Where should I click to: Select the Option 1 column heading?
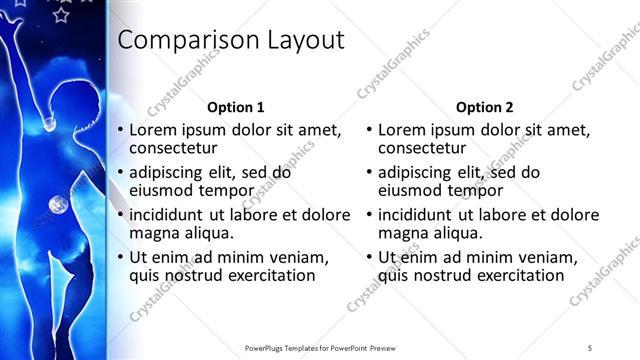click(x=236, y=106)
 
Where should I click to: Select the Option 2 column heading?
click(x=485, y=106)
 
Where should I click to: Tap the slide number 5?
click(x=590, y=347)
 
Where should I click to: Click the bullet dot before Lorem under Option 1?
click(x=120, y=130)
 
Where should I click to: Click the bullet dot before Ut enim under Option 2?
click(x=370, y=257)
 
